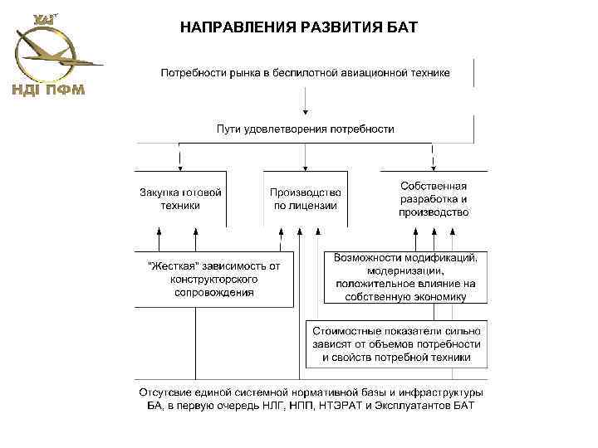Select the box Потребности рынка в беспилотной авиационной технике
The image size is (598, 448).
(x=306, y=73)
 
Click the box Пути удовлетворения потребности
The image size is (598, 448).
(x=306, y=129)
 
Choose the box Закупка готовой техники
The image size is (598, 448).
(x=179, y=198)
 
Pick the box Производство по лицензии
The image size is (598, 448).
(x=305, y=198)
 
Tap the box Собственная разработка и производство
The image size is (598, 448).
(x=434, y=199)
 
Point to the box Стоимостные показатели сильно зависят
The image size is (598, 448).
(x=396, y=343)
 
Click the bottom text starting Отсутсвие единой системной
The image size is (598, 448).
(x=311, y=398)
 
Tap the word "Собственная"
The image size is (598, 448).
(x=434, y=187)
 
